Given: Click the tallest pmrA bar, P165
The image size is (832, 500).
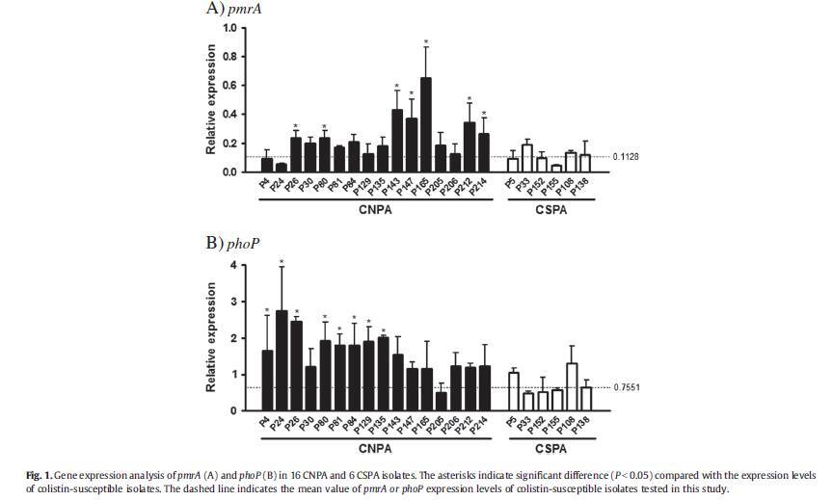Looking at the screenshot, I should (426, 125).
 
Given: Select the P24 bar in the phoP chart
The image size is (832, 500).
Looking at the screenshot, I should (282, 361).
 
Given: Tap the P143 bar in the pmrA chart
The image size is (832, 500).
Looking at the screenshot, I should (397, 141).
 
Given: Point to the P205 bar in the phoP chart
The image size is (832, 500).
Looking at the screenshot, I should (441, 402).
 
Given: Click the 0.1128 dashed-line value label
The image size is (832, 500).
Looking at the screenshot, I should (627, 156).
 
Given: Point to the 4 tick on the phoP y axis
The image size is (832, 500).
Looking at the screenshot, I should (232, 265).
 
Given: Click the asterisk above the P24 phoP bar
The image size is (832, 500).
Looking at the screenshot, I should (282, 262).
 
